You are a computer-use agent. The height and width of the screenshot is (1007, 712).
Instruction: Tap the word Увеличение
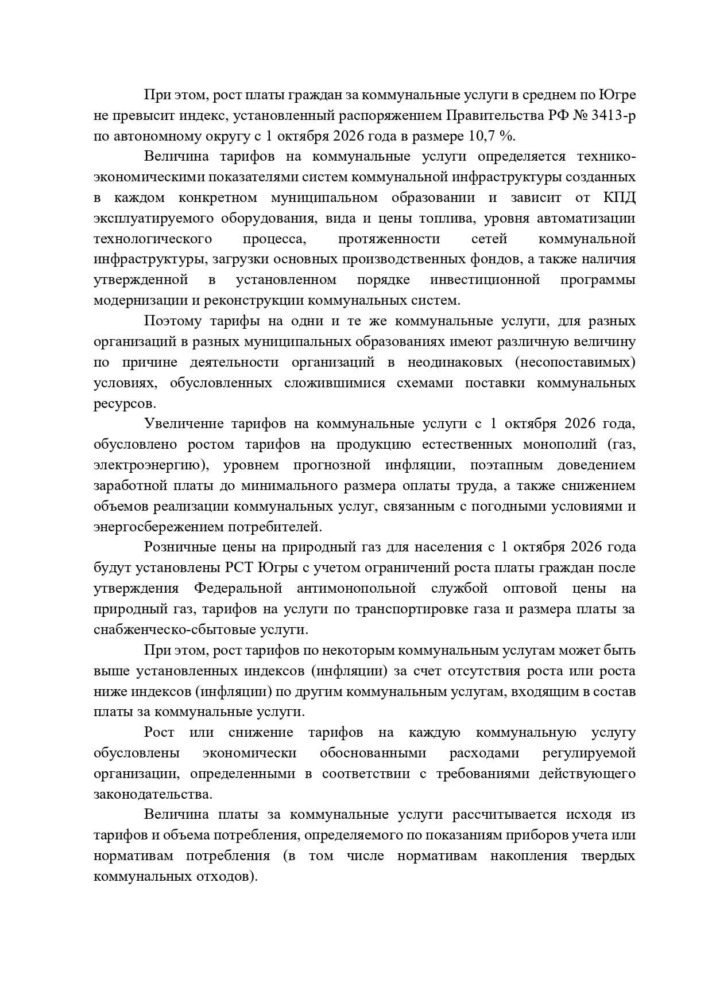(x=183, y=424)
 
